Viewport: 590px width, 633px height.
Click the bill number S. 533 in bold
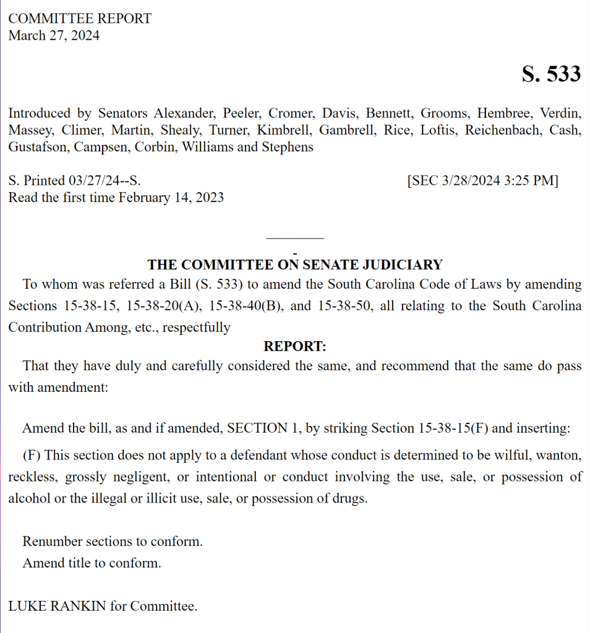click(x=551, y=74)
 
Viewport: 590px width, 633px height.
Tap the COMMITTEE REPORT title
click(x=80, y=19)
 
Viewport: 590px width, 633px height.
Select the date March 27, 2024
click(x=54, y=35)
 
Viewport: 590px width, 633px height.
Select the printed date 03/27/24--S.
click(x=105, y=181)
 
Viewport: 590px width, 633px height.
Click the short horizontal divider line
click(x=294, y=238)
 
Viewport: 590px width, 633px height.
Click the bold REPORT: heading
click(x=294, y=346)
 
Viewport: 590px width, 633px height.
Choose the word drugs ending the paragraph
click(x=351, y=499)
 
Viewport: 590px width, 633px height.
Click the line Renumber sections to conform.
click(x=113, y=542)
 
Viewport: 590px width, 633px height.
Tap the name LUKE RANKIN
click(x=58, y=606)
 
